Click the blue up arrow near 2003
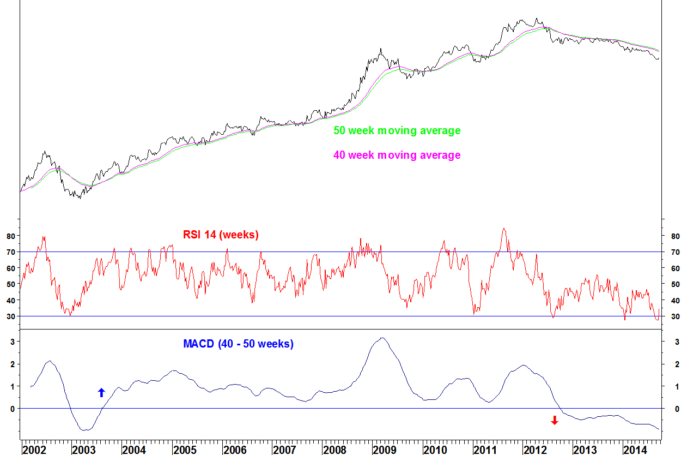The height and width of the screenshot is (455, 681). (x=101, y=392)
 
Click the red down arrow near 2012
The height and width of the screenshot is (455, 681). (x=555, y=420)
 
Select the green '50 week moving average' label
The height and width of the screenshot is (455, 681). (x=397, y=131)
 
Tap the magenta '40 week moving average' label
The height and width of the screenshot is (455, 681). (x=397, y=155)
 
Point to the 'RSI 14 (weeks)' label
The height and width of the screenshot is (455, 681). (x=220, y=235)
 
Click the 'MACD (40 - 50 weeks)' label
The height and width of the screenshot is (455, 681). (x=238, y=344)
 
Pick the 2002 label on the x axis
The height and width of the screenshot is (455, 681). (x=34, y=450)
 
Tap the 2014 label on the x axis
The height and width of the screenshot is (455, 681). (x=635, y=450)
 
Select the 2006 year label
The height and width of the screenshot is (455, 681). (x=235, y=450)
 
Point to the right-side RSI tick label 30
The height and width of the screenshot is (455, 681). (x=676, y=316)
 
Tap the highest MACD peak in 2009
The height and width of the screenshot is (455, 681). (x=383, y=338)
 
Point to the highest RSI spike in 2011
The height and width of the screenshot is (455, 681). (x=504, y=229)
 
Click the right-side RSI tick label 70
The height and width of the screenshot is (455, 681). (x=676, y=252)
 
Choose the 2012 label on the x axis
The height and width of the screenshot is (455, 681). (x=535, y=450)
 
